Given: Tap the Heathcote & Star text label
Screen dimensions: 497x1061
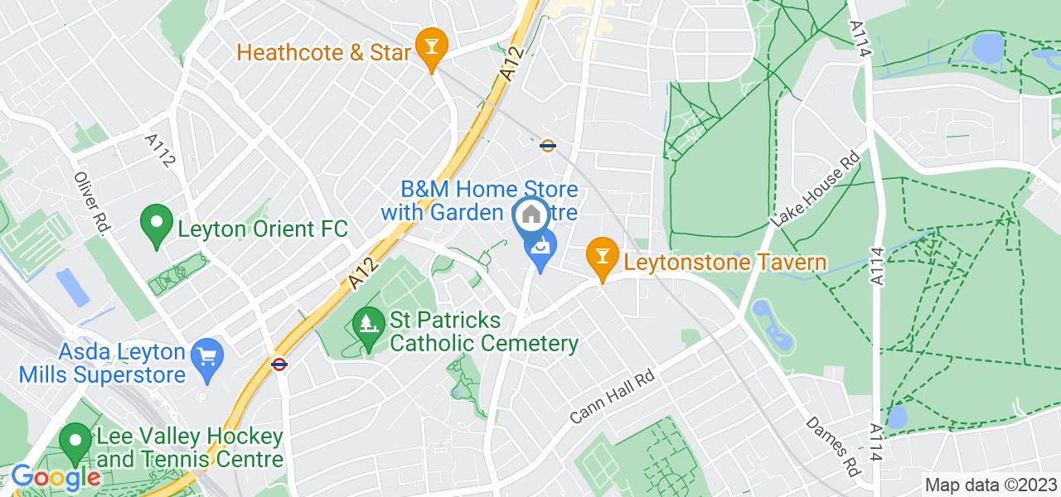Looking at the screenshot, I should pyautogui.click(x=324, y=53).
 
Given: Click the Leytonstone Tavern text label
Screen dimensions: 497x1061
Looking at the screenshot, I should pyautogui.click(x=725, y=263).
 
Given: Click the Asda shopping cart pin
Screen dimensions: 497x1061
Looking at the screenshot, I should pyautogui.click(x=206, y=357).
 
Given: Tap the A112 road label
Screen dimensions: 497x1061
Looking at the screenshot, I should pyautogui.click(x=162, y=152).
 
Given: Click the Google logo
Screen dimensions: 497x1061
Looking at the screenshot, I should pyautogui.click(x=56, y=479).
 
